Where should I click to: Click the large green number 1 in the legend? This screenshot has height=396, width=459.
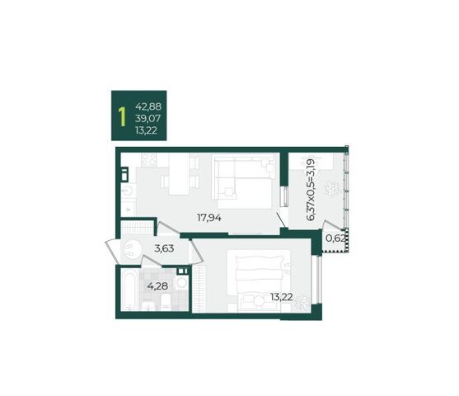click(x=122, y=116)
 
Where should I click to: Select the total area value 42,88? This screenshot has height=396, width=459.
click(x=148, y=106)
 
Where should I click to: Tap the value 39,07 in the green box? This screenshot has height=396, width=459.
click(x=148, y=119)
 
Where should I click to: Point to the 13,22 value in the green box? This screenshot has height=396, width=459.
click(x=146, y=130)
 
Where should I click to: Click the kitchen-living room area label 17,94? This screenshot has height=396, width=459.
click(x=209, y=218)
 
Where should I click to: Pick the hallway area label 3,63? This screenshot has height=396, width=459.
click(x=164, y=248)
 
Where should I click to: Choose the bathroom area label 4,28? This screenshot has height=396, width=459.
click(x=157, y=285)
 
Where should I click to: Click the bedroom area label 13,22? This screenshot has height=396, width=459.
click(x=282, y=297)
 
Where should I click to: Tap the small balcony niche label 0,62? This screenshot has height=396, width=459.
click(x=335, y=238)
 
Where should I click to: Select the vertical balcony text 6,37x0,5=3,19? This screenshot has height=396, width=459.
click(x=310, y=190)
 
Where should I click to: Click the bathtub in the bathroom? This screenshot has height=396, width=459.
click(x=129, y=290)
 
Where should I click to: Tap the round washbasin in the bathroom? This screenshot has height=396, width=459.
click(x=181, y=283)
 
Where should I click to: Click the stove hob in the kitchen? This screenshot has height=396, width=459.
click(x=148, y=159)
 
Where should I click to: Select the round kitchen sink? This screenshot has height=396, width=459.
click(x=128, y=191)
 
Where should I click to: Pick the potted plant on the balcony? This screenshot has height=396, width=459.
click(x=332, y=189)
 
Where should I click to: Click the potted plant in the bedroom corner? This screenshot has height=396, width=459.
click(x=302, y=302)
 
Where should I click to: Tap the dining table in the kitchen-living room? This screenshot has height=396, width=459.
click(x=179, y=174)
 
